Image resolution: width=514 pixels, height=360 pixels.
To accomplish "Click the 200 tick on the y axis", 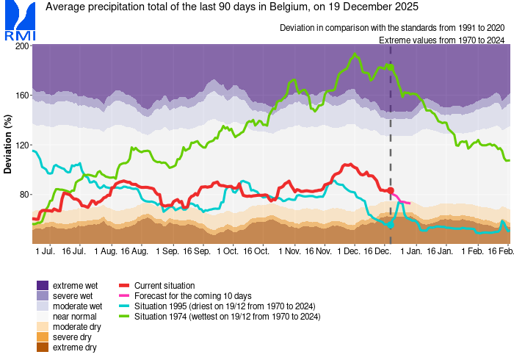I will coord(22,46).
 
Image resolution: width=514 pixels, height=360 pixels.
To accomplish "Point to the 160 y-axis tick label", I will coord(22,96).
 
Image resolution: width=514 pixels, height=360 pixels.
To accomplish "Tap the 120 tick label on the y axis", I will coord(22,145).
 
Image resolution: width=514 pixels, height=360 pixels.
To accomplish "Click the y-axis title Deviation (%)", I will coord(8,144).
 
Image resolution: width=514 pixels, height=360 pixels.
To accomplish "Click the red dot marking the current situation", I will coord(390,190).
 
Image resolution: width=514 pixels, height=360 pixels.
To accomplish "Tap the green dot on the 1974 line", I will coord(390,67).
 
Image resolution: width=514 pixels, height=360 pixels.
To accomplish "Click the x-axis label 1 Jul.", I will coord(46,251).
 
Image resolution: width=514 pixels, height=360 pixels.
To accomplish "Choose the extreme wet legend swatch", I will coord(43,285).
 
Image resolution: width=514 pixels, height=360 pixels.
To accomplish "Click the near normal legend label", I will coord(75,316).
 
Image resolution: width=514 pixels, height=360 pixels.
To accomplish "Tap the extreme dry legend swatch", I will coord(43,348).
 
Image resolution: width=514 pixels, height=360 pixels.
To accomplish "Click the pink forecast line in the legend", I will coord(124,295).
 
